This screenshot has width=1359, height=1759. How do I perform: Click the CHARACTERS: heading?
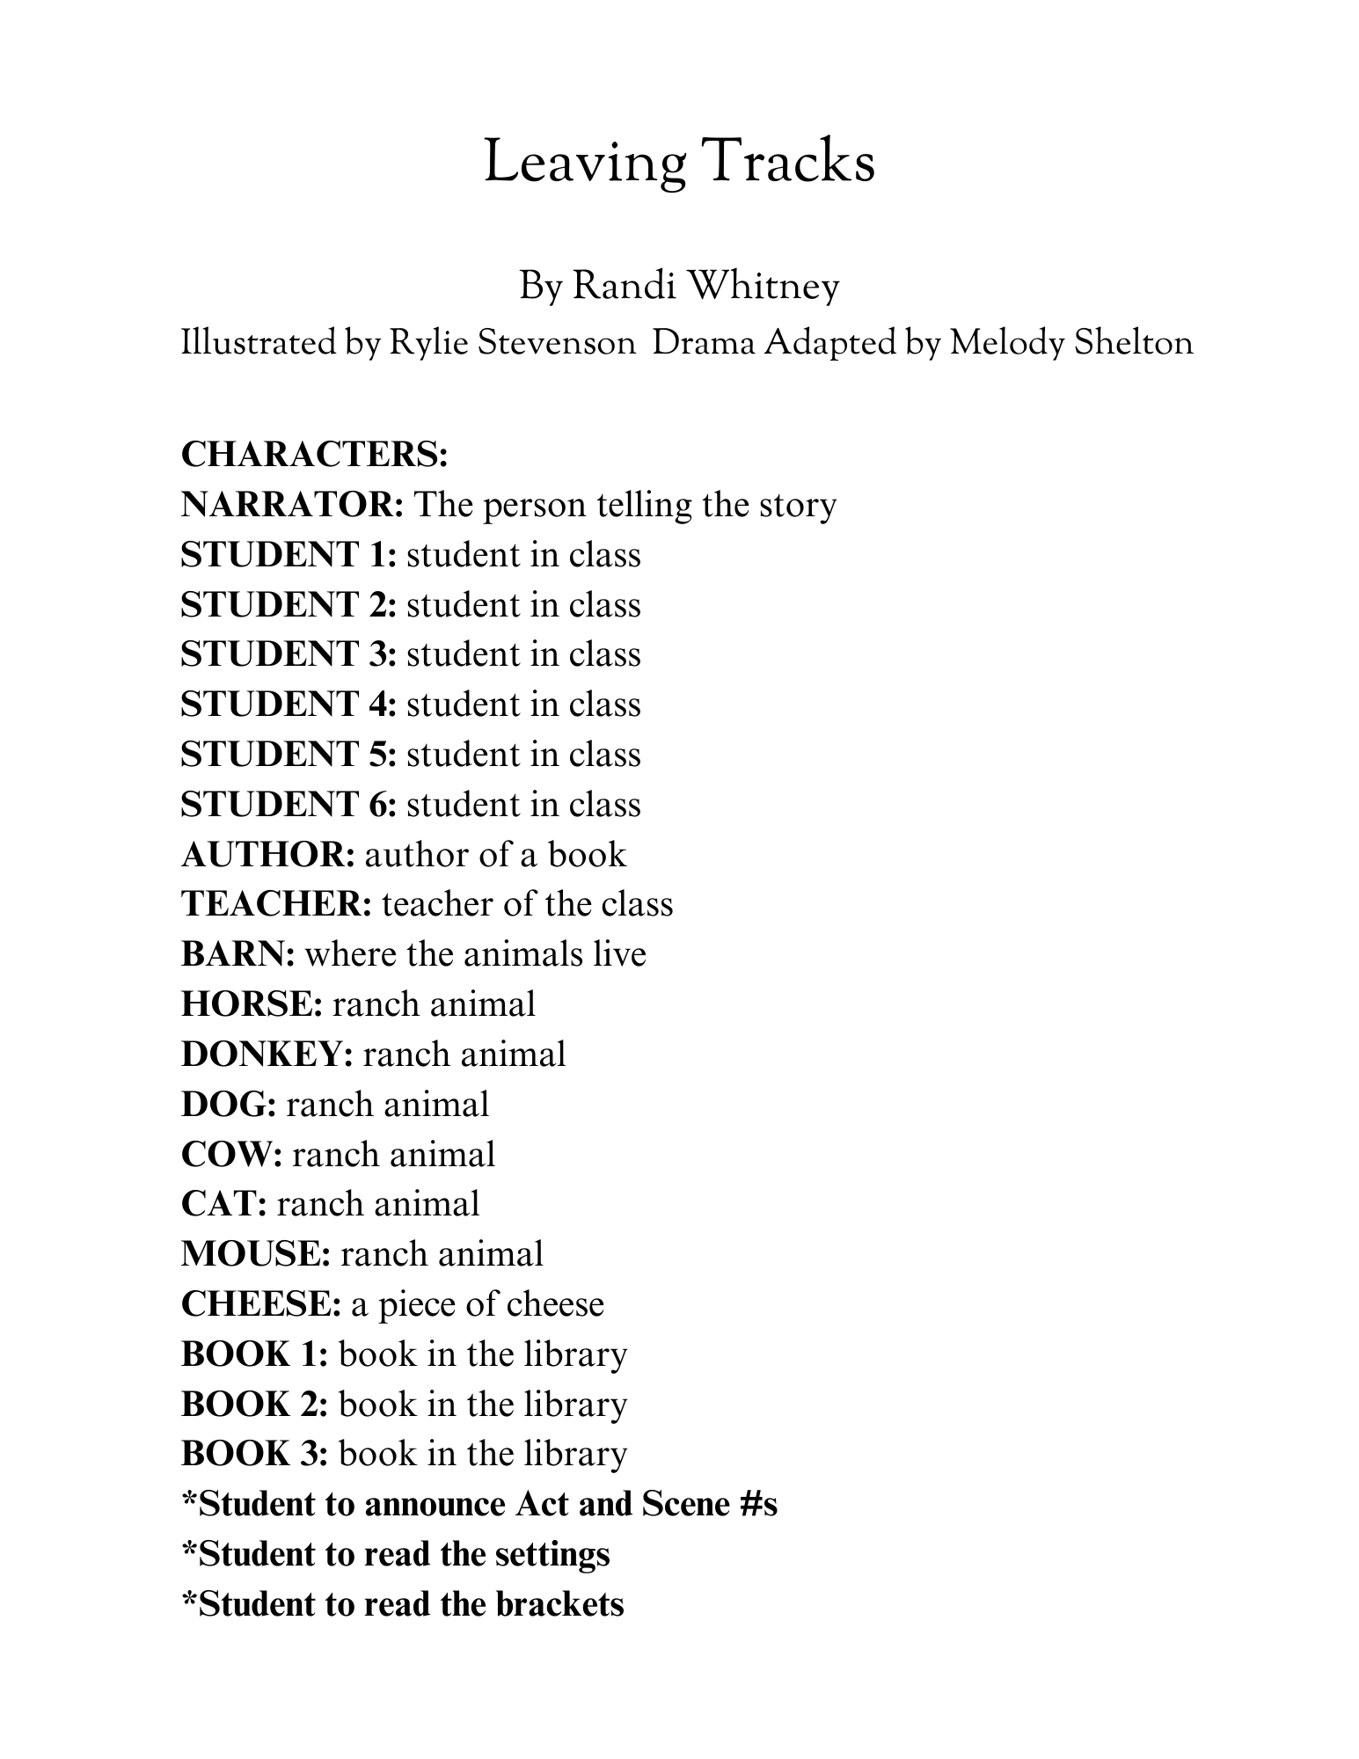(x=315, y=455)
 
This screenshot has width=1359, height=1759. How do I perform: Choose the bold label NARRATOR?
(x=292, y=505)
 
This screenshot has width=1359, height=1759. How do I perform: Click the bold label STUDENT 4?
(x=289, y=704)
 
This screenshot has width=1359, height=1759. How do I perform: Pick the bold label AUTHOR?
(x=268, y=855)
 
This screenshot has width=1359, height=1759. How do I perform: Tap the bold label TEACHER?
(x=276, y=904)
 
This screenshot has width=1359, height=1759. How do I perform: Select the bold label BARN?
(x=237, y=954)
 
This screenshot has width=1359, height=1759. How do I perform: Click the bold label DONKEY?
(x=267, y=1055)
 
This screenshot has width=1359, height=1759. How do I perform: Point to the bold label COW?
(x=231, y=1154)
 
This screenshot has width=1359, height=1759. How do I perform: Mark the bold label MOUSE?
(x=256, y=1254)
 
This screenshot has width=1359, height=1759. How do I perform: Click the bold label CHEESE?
(x=261, y=1304)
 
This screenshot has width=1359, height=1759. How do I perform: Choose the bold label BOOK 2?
(x=254, y=1405)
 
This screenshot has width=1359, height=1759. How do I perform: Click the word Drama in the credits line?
(x=704, y=343)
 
